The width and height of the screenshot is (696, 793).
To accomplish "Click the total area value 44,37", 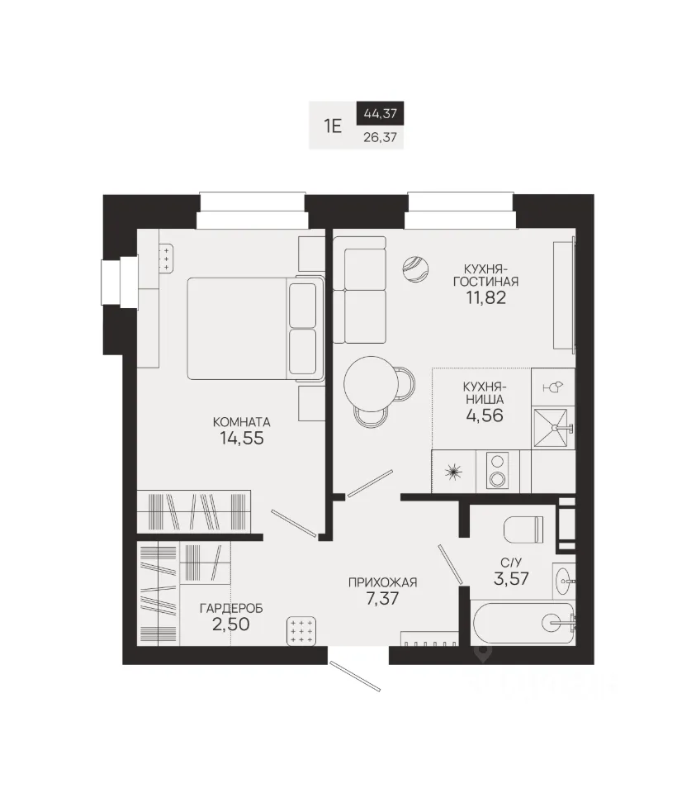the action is click(380, 113).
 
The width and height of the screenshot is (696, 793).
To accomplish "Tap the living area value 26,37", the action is click(380, 137).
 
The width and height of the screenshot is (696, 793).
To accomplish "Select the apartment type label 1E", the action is click(333, 126).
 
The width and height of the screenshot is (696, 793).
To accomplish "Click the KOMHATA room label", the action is click(242, 422).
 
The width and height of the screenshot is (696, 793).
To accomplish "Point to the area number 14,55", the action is click(242, 438).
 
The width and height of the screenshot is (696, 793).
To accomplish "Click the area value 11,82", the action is click(485, 297).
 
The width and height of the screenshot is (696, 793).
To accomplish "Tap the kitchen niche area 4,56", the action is click(484, 415).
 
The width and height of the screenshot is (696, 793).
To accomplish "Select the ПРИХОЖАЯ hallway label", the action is click(382, 582).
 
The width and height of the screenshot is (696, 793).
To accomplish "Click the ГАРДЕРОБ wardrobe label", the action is click(231, 609).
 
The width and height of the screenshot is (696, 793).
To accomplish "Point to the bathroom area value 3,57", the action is click(511, 578).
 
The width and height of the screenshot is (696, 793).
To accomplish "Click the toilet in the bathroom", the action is click(523, 529).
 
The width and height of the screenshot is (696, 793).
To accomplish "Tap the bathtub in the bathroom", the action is click(523, 623).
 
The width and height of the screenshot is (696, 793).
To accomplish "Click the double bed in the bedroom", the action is click(256, 328).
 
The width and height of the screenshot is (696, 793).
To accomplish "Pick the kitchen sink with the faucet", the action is click(553, 429).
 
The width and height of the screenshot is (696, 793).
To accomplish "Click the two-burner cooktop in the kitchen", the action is click(497, 470).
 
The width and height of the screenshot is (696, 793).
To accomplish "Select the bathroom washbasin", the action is click(564, 581).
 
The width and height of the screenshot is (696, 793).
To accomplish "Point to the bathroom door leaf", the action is click(450, 564).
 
